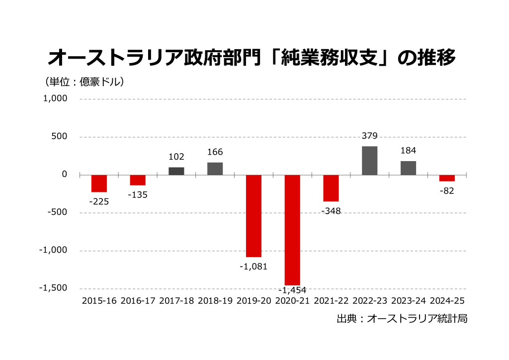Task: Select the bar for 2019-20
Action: pos(254,215)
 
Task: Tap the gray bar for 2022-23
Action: pos(369,161)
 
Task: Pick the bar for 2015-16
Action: pos(99,183)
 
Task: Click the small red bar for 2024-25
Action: pos(447,178)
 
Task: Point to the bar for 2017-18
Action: pos(176,171)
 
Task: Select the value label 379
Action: pos(370,136)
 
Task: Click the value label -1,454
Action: pos(292,290)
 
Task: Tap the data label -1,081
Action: pos(254,266)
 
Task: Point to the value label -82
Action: pos(447,191)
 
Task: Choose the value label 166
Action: pos(215,152)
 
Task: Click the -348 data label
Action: pos(331,211)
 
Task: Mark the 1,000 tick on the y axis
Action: pos(55,98)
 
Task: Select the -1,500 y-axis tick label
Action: pos(53,288)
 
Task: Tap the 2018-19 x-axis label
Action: pos(215,301)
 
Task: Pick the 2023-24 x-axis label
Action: pos(409,301)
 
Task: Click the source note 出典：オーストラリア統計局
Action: pos(402,319)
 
